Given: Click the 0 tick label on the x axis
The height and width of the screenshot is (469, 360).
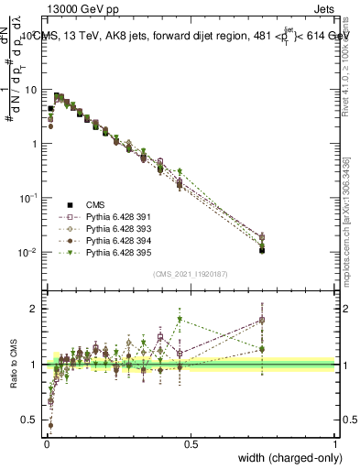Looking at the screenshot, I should pos(46,443).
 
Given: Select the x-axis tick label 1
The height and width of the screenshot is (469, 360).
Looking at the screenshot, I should pos(335,443).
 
